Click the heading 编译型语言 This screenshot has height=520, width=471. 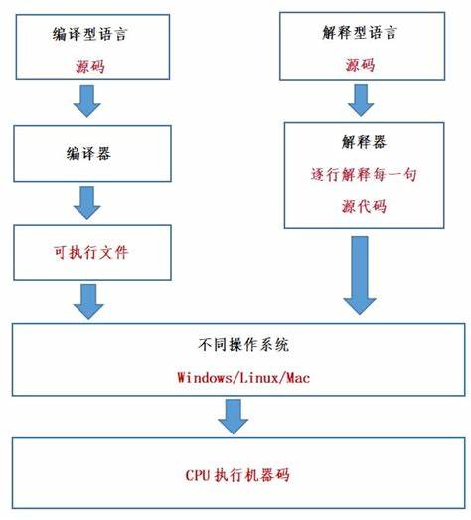(x=89, y=34)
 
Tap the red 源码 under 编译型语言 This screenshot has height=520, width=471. (x=90, y=66)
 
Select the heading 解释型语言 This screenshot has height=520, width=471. (x=360, y=33)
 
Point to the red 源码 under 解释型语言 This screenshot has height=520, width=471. (x=360, y=64)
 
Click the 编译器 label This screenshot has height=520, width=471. (x=88, y=153)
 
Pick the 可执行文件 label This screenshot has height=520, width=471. (x=90, y=252)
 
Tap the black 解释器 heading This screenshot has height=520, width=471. (x=364, y=142)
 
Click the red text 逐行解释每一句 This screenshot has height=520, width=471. (x=364, y=174)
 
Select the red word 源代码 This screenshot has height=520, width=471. (x=364, y=206)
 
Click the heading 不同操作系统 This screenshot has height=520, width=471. (x=243, y=345)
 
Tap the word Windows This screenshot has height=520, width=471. (x=206, y=378)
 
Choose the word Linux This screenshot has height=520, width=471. (x=259, y=378)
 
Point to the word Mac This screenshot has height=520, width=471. (x=298, y=378)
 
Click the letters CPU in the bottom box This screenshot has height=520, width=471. (x=198, y=475)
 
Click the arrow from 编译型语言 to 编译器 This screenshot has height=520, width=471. (x=86, y=100)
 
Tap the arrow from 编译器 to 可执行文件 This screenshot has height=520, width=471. (x=86, y=202)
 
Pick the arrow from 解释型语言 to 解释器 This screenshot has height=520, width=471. (x=361, y=100)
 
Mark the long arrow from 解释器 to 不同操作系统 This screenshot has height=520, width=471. (x=360, y=275)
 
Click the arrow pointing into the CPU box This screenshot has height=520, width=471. (x=233, y=417)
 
